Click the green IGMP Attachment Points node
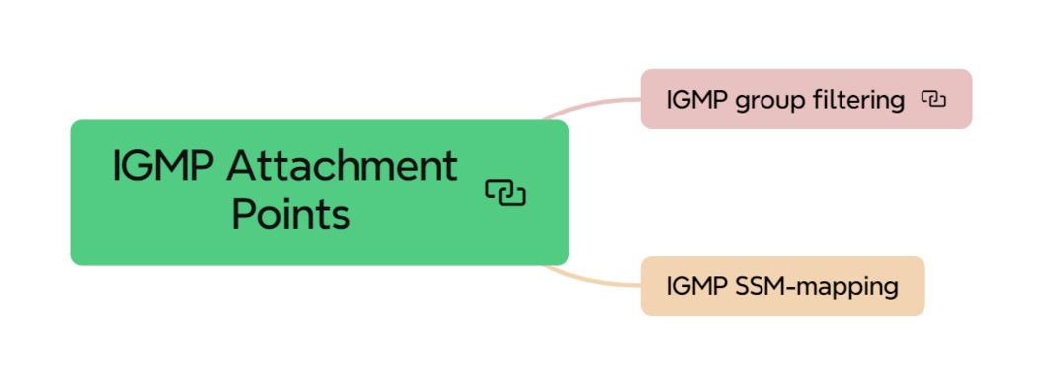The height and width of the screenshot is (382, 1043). click(x=319, y=191)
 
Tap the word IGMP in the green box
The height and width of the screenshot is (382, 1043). click(x=162, y=166)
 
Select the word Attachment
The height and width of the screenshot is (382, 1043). click(x=342, y=166)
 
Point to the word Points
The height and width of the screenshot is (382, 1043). click(x=290, y=214)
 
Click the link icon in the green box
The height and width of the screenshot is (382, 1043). click(x=506, y=192)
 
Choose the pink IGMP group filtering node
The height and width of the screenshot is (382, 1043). click(x=806, y=99)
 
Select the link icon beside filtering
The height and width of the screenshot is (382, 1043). click(x=933, y=99)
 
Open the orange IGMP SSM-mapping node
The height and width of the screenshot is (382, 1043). click(x=782, y=286)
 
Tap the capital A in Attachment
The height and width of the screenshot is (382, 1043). click(x=240, y=166)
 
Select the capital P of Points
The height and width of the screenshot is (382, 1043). click(x=243, y=214)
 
